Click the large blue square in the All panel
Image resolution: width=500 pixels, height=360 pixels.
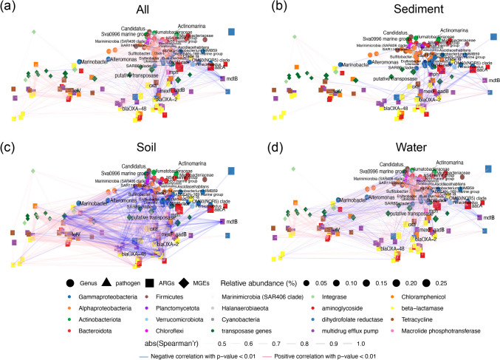231,32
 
